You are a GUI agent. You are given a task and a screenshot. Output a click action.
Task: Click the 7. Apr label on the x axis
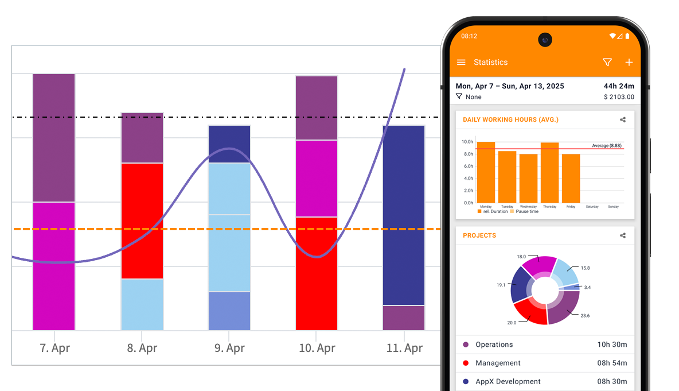tap(54, 348)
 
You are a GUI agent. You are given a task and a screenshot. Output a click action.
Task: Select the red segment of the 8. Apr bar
tap(142, 221)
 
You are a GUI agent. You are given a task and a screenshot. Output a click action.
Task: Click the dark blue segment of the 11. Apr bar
tap(404, 215)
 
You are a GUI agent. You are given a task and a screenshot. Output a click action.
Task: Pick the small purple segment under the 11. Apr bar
tap(404, 318)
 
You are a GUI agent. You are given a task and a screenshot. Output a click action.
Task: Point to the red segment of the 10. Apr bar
tap(317, 273)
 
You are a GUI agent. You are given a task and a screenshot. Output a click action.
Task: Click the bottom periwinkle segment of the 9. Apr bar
tap(229, 311)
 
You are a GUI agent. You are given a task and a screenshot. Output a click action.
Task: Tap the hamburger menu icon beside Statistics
tap(461, 63)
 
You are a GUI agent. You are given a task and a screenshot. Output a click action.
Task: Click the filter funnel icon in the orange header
tap(607, 63)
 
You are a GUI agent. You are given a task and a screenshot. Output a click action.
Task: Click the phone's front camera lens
tap(545, 40)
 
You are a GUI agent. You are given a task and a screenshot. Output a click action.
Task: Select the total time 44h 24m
tap(619, 86)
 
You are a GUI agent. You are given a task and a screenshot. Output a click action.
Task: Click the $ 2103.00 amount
tap(619, 97)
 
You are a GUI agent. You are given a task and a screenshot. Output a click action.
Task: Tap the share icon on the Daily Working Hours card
tap(623, 120)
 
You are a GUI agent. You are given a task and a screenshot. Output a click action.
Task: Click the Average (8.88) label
tap(607, 146)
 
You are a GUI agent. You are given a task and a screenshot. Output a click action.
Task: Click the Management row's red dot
tap(466, 363)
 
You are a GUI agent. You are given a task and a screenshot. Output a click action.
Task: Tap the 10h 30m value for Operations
tap(612, 344)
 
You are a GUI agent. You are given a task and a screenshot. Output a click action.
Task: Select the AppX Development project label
tap(508, 381)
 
